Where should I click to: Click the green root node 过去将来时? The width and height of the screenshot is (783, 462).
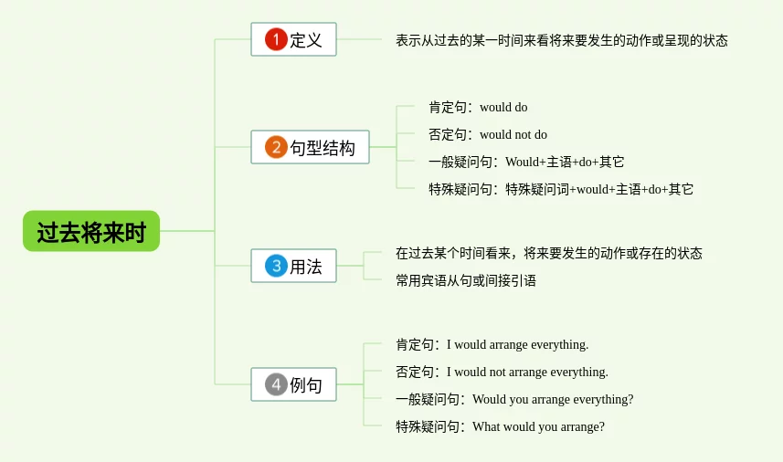tap(91, 231)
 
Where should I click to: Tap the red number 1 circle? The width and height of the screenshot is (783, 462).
tap(276, 39)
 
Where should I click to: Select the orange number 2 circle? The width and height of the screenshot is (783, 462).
tap(276, 147)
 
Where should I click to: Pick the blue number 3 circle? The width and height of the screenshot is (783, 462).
tap(276, 266)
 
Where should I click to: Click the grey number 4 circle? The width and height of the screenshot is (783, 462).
tap(276, 384)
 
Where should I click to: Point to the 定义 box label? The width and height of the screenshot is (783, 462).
tap(305, 40)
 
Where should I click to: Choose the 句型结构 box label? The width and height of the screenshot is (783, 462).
tap(323, 148)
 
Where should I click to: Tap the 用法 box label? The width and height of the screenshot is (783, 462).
tap(305, 267)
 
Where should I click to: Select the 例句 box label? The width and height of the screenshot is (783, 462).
tap(305, 385)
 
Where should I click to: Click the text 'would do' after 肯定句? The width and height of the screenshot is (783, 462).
tap(503, 107)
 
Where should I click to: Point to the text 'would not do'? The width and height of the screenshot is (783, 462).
tap(513, 135)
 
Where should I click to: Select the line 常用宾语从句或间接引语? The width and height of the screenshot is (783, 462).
tap(466, 280)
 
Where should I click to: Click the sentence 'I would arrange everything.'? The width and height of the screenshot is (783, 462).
tap(517, 345)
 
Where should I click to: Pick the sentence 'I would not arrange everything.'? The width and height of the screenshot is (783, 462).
tap(527, 373)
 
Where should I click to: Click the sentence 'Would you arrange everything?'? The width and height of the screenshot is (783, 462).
tap(553, 400)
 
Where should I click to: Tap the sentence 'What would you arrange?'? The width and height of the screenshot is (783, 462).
tap(538, 427)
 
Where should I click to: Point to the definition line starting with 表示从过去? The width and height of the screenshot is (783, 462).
tap(562, 40)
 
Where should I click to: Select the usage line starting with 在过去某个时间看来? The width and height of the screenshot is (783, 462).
tap(549, 254)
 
